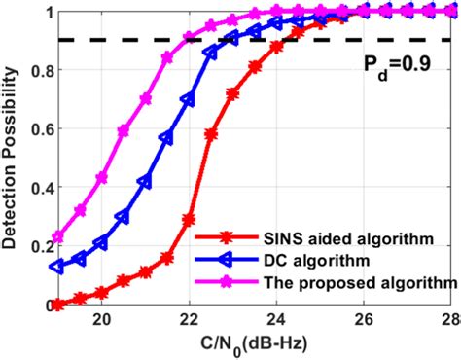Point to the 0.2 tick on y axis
coord(37,247)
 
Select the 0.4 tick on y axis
coord(37,189)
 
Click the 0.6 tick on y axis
coord(37,130)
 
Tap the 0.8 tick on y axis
coord(37,72)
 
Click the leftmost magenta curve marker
coord(57,237)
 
